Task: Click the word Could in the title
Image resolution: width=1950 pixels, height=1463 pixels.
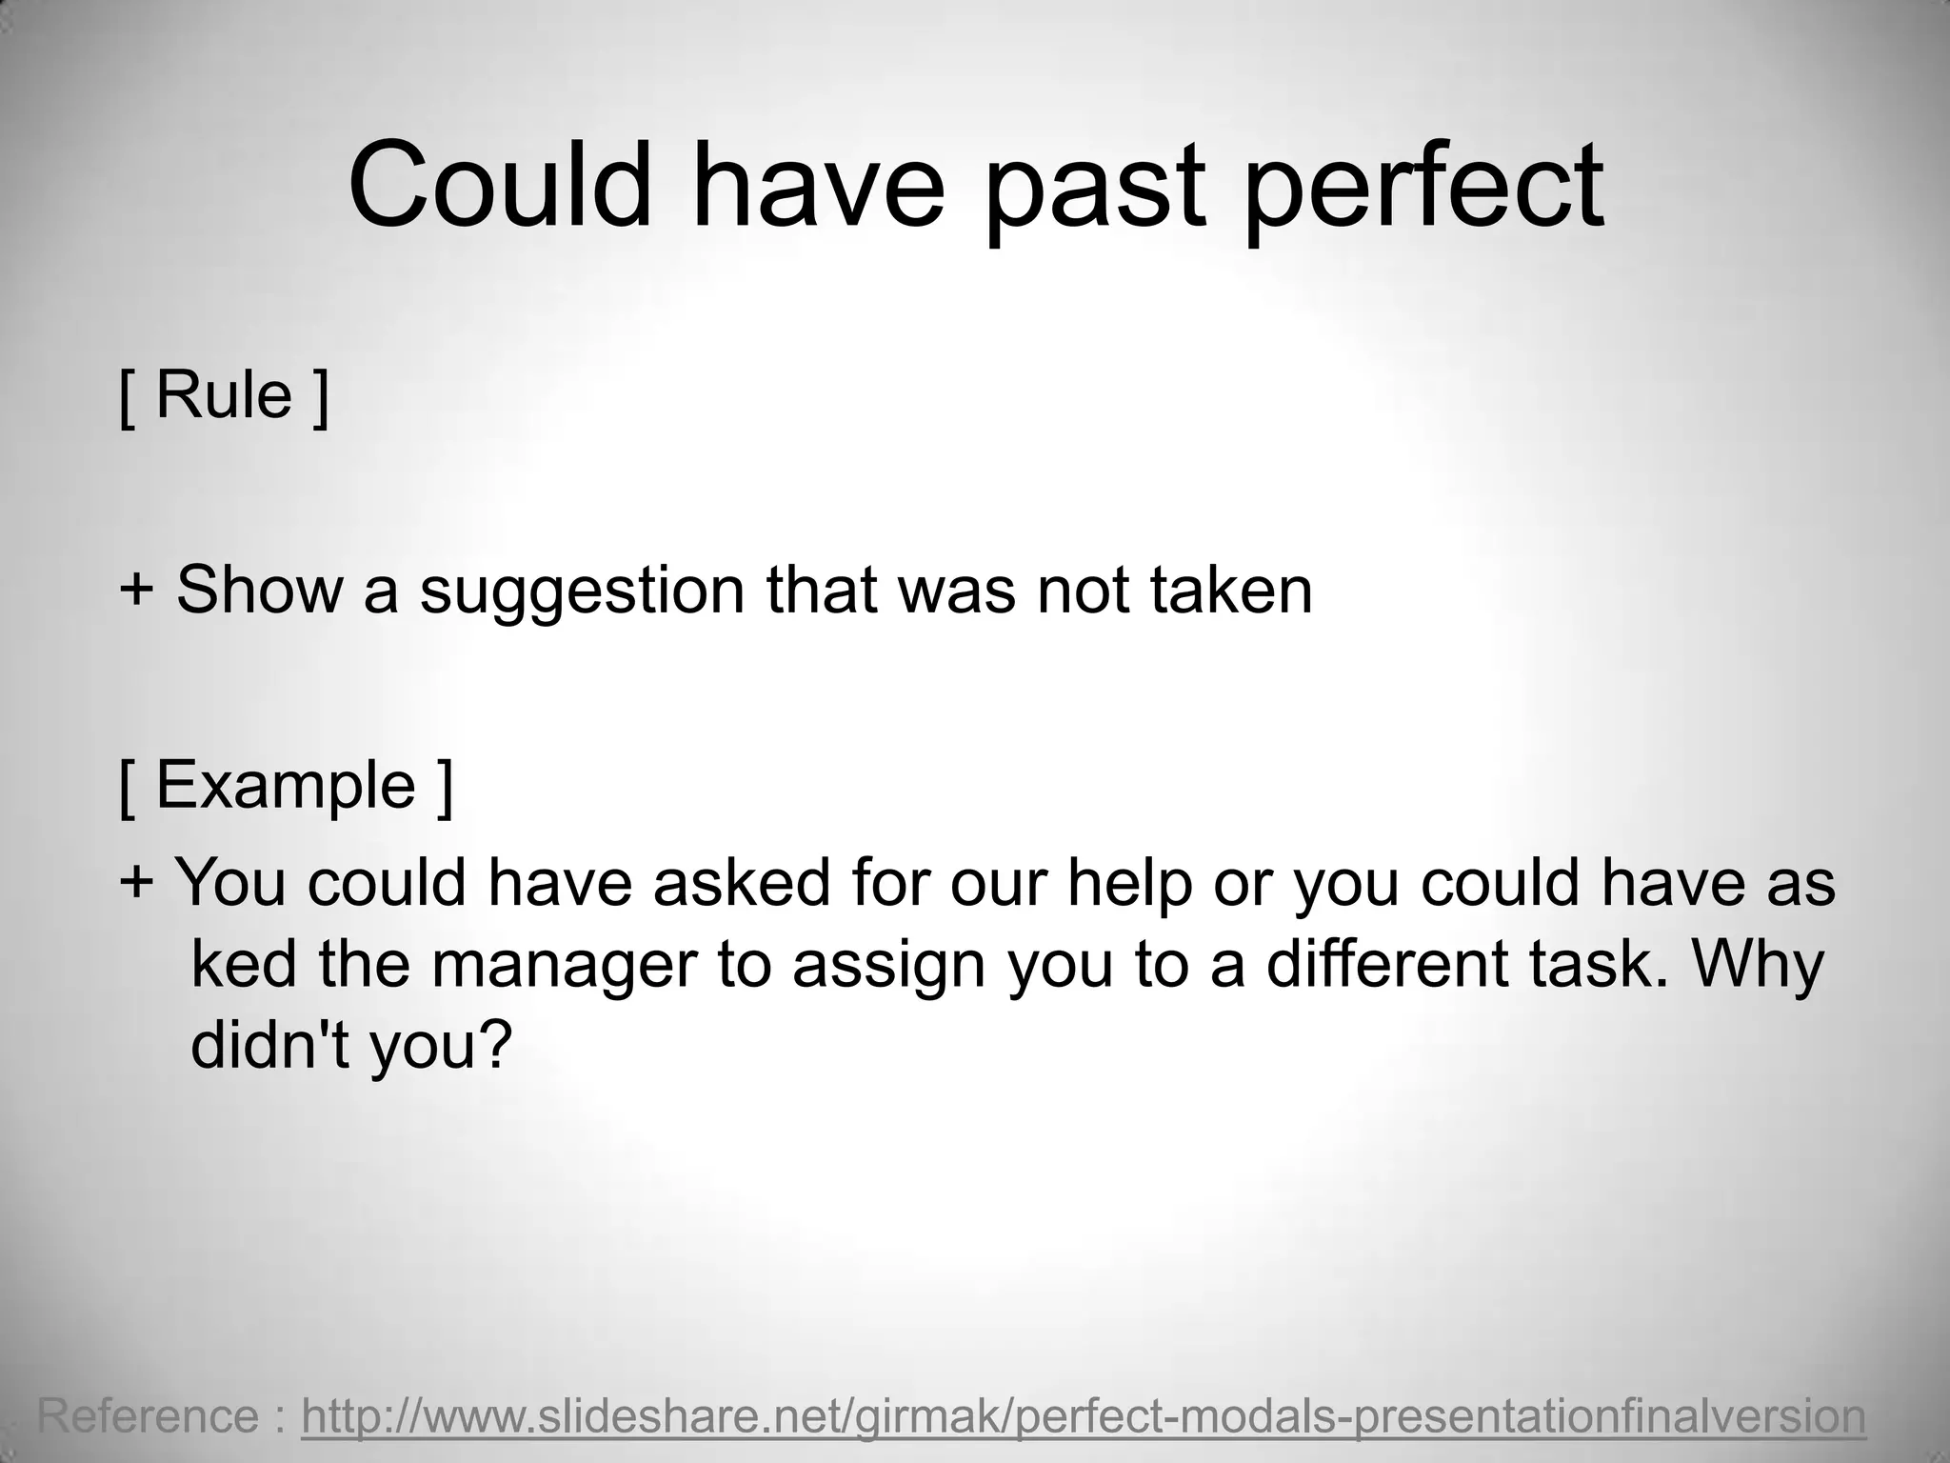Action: (501, 185)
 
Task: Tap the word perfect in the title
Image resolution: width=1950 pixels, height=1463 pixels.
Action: (1424, 187)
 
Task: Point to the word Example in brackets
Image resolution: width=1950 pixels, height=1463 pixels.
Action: (286, 787)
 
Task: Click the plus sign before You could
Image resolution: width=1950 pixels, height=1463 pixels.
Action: (136, 882)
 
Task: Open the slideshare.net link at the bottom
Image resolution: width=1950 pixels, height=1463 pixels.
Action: (1083, 1416)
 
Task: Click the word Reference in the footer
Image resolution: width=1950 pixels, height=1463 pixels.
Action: (148, 1416)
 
